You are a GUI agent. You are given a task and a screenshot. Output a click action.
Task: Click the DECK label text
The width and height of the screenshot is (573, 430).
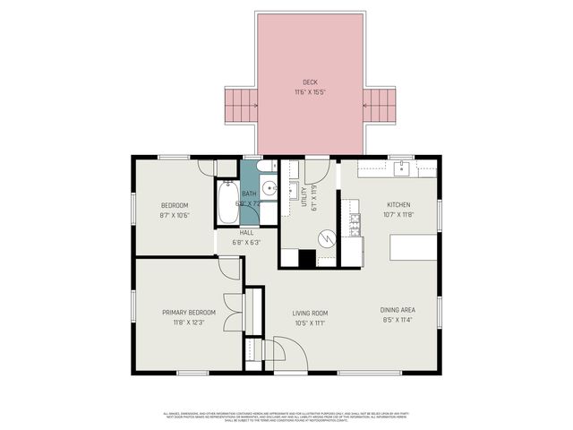click(x=311, y=82)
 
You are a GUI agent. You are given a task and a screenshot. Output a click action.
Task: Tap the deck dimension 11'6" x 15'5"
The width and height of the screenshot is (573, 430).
click(x=311, y=91)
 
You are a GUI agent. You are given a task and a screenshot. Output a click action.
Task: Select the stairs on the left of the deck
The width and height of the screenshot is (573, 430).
click(x=239, y=105)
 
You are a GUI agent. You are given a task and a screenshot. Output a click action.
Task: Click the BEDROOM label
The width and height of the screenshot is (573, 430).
click(x=174, y=205)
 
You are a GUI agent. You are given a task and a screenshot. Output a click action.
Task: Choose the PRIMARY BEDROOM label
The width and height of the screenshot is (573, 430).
click(x=189, y=313)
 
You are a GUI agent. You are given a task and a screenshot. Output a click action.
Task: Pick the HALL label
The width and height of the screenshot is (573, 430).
click(x=245, y=232)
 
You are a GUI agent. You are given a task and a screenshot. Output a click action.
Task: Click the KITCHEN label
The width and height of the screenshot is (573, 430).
click(x=398, y=204)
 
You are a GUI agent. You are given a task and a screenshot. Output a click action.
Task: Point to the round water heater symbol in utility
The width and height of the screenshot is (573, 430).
click(x=327, y=237)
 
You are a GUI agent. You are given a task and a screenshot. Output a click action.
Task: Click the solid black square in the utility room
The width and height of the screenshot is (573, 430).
click(x=307, y=258)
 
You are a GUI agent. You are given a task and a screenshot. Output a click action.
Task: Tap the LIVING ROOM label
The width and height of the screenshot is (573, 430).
click(x=311, y=313)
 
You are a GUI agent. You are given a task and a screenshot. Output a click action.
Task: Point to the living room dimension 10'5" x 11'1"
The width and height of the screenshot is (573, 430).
click(x=311, y=323)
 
